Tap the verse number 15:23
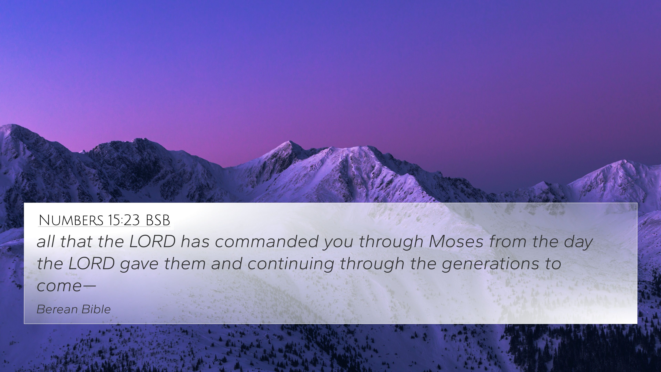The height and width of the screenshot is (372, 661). pos(124,220)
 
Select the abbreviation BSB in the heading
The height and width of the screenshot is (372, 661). pos(158,220)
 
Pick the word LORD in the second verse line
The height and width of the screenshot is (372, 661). pos(91,264)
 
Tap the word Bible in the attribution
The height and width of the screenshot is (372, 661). pos(92,309)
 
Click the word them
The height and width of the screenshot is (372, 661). pos(185,264)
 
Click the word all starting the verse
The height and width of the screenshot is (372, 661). pos(46,242)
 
